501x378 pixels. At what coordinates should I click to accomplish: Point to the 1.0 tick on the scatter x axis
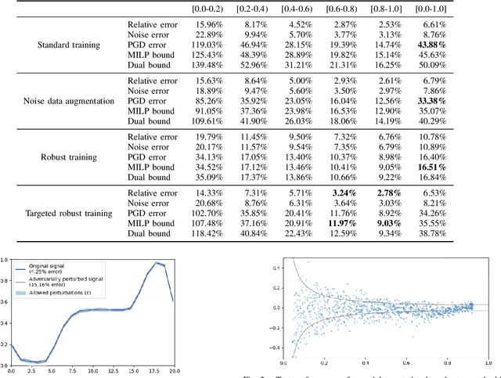pos(487,362)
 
